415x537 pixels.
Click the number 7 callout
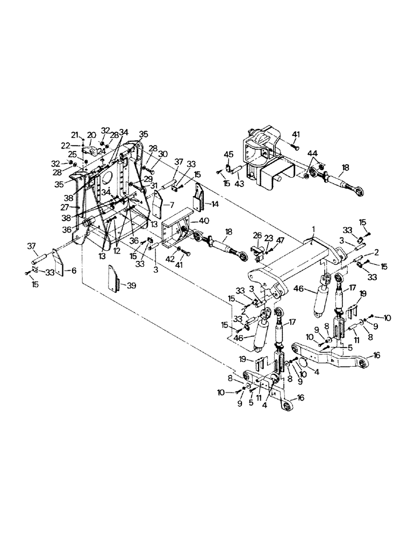pyautogui.click(x=173, y=205)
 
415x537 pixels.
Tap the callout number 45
pyautogui.click(x=228, y=156)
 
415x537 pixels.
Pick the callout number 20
pyautogui.click(x=91, y=135)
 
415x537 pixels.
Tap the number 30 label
pyautogui.click(x=164, y=154)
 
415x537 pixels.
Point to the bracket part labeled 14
pyautogui.click(x=198, y=197)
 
